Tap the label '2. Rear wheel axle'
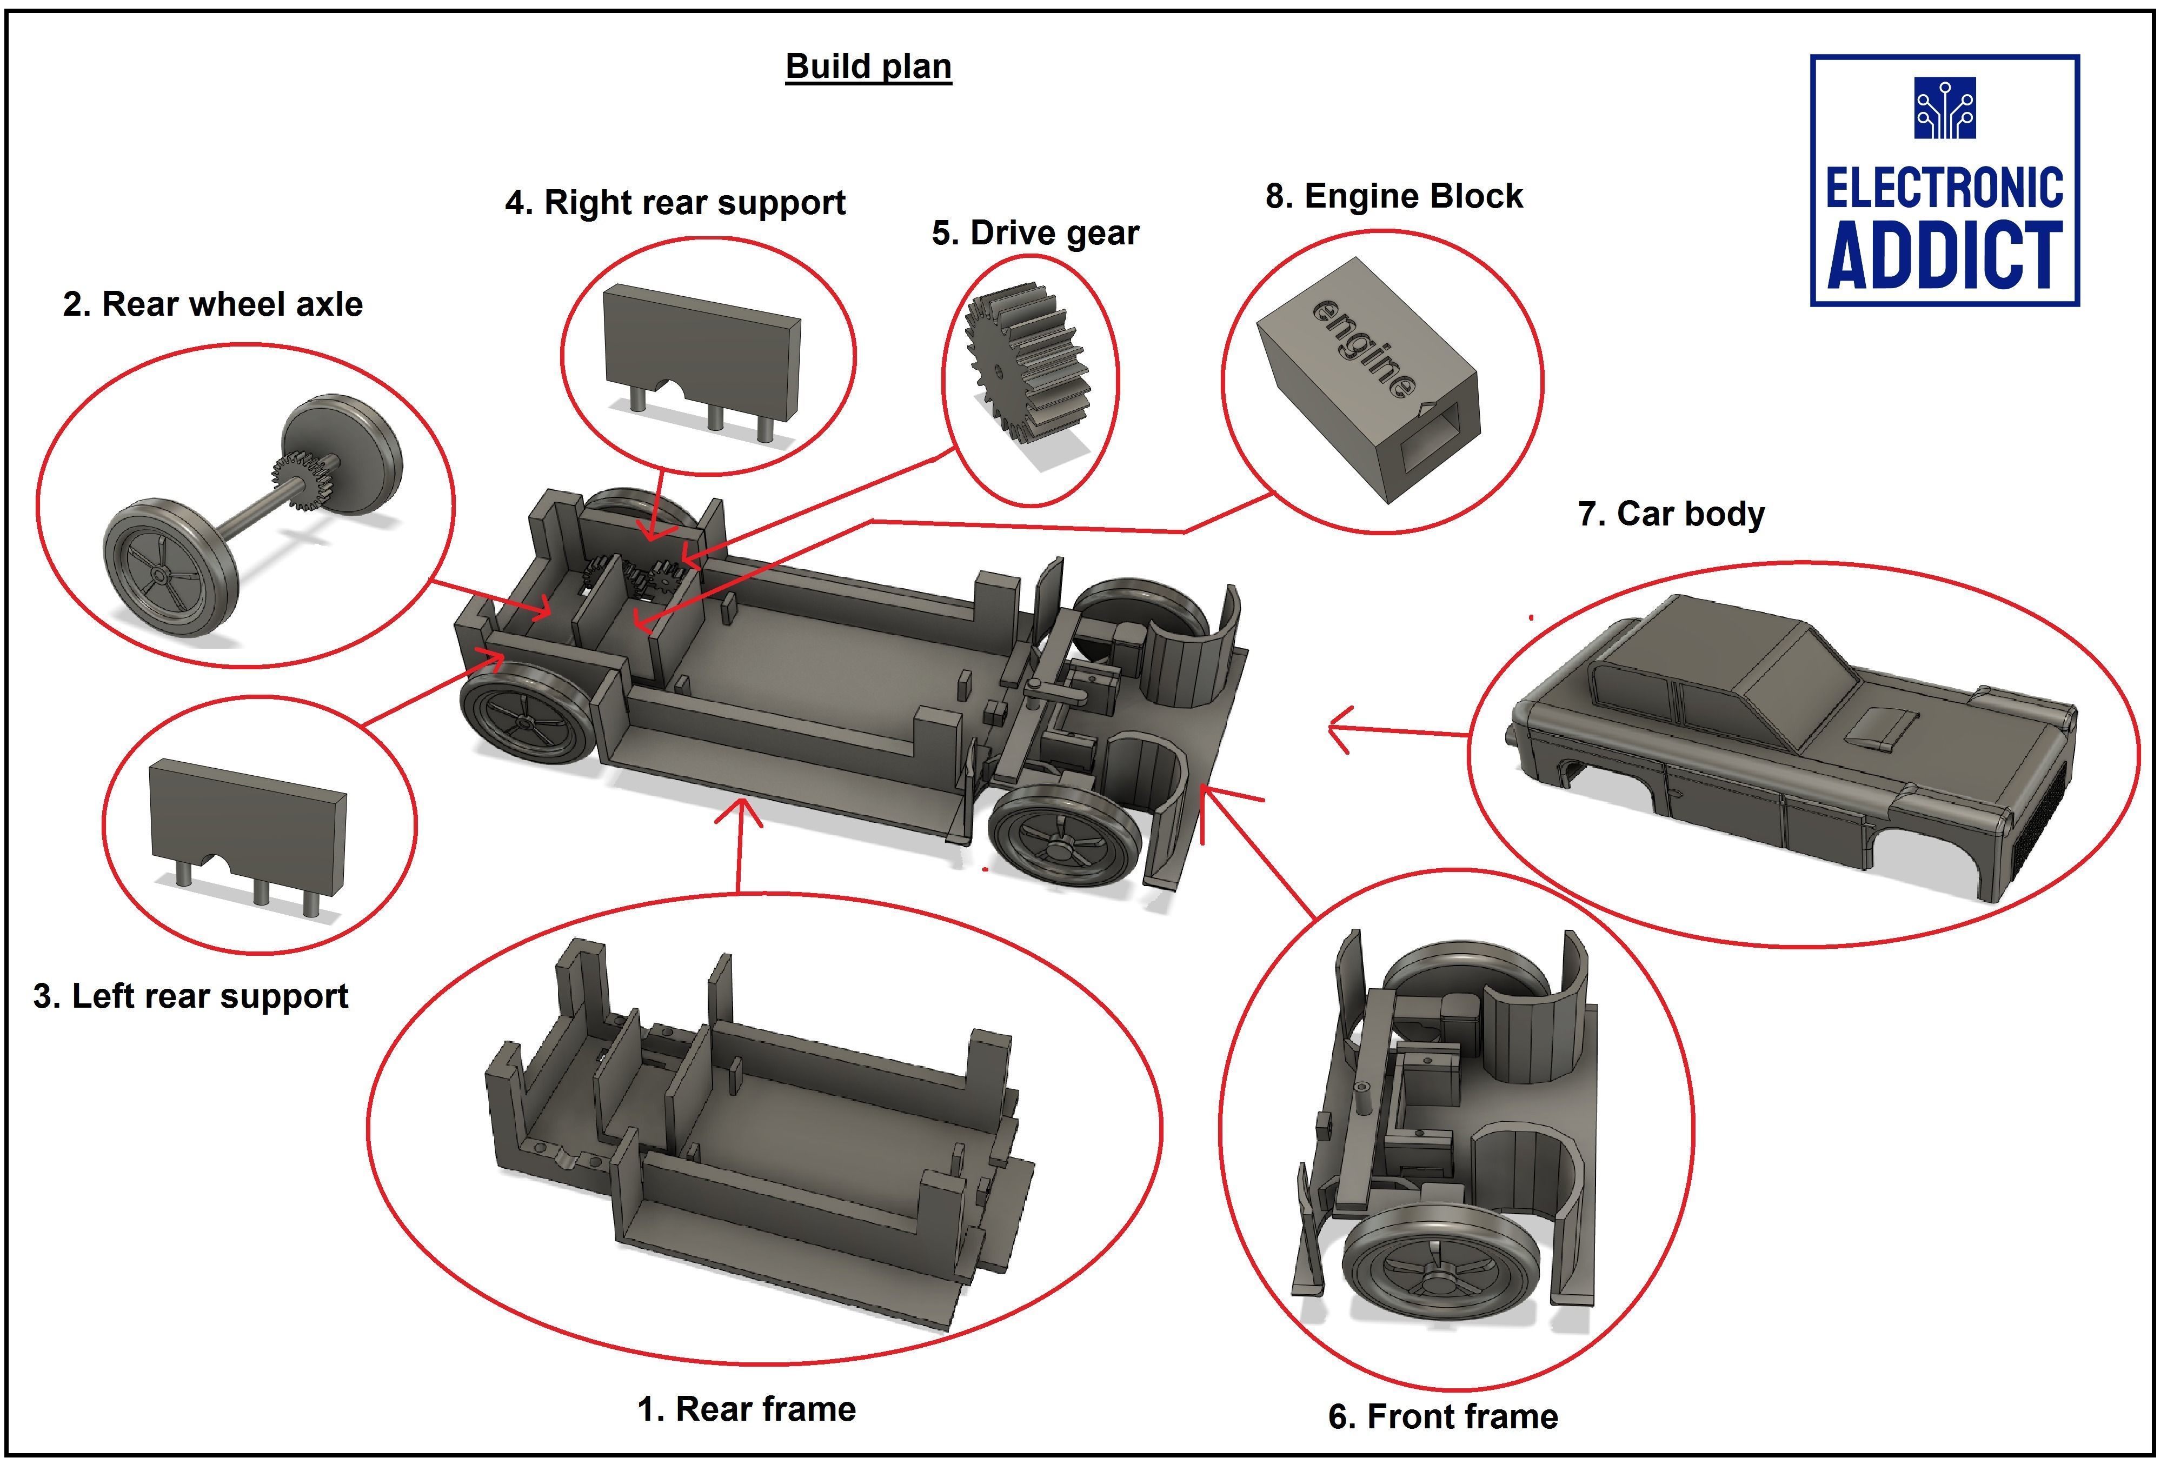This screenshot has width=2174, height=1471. click(212, 305)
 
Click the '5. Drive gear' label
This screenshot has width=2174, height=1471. click(1035, 233)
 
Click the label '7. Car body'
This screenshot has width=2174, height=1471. click(1671, 514)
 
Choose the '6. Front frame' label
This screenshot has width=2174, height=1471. click(1442, 1417)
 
